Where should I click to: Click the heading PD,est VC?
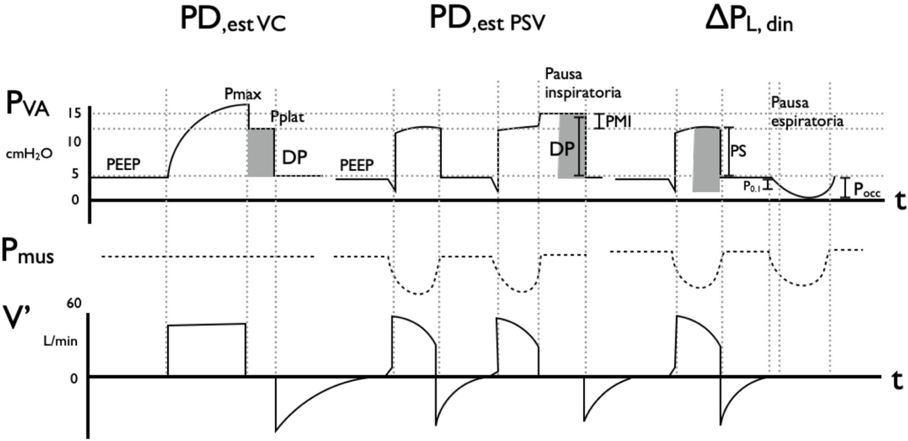232,20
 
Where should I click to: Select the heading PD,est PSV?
487,20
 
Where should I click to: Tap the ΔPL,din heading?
748,20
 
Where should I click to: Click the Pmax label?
243,94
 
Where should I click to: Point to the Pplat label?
287,117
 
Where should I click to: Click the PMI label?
618,122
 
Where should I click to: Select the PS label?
738,151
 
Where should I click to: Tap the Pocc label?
867,190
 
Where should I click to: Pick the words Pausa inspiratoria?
583,84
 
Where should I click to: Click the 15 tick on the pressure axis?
75,114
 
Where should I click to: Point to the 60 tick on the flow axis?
74,303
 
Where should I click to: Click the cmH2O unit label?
29,154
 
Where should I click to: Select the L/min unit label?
60,341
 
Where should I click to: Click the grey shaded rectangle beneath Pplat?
261,153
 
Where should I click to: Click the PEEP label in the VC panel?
123,165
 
